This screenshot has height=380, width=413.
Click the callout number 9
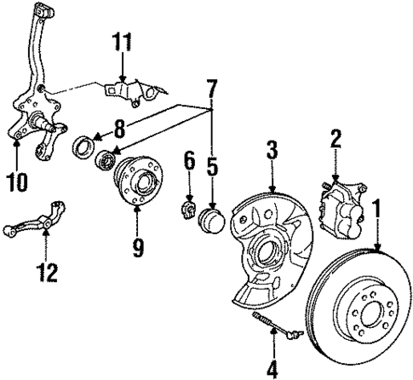pos(137,248)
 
